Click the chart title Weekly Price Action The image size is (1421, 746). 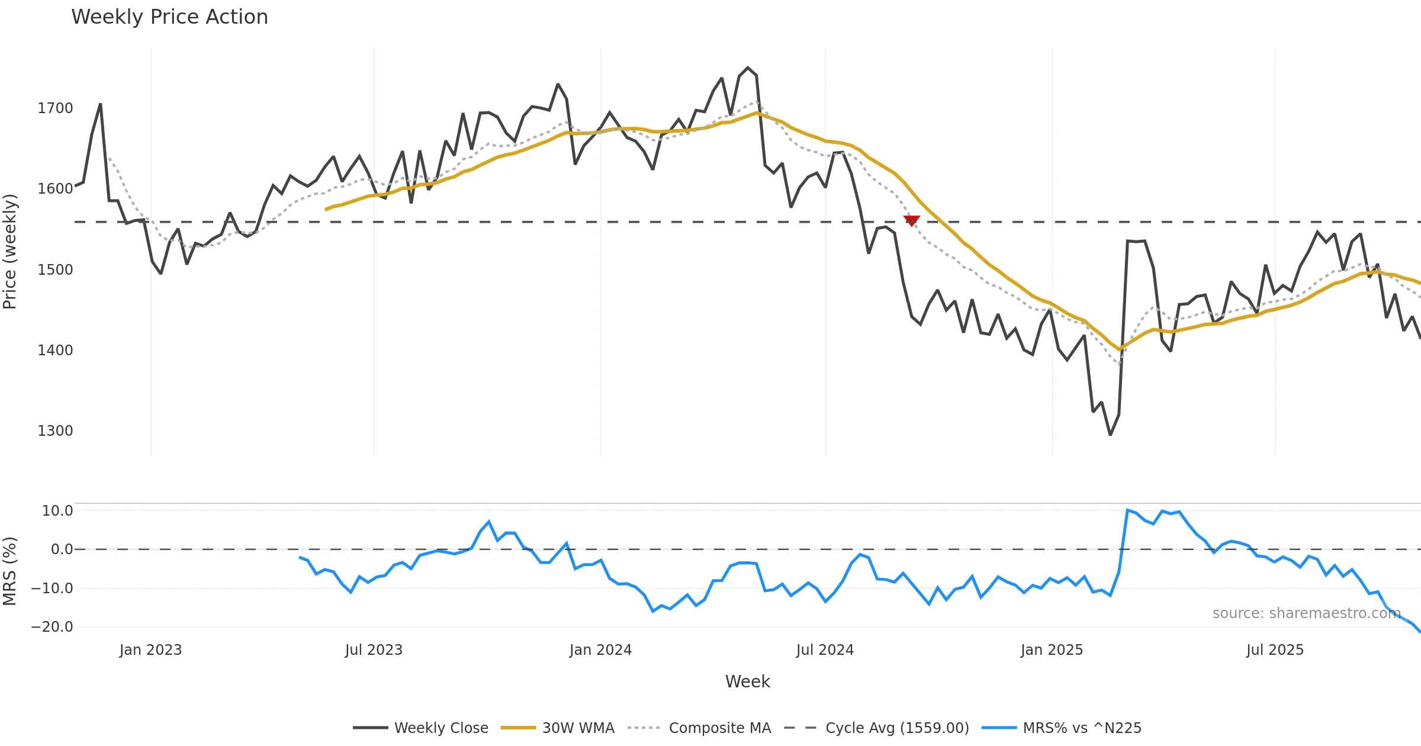pyautogui.click(x=169, y=17)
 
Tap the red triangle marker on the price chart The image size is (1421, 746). pyautogui.click(x=912, y=221)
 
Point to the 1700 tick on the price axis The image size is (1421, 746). pyautogui.click(x=55, y=108)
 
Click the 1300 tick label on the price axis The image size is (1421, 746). pyautogui.click(x=55, y=430)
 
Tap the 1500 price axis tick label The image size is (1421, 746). pyautogui.click(x=55, y=269)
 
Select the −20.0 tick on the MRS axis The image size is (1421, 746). pyautogui.click(x=52, y=627)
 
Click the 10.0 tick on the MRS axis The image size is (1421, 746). pyautogui.click(x=57, y=511)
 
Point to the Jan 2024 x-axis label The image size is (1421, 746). pyautogui.click(x=600, y=650)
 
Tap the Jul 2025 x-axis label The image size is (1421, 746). pyautogui.click(x=1275, y=650)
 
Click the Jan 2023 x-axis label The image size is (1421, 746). pyautogui.click(x=150, y=650)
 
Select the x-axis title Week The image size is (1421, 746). pyautogui.click(x=747, y=681)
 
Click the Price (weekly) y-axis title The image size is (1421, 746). pyautogui.click(x=10, y=252)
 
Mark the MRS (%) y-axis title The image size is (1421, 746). pyautogui.click(x=10, y=571)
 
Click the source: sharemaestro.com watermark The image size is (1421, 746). pyautogui.click(x=1306, y=613)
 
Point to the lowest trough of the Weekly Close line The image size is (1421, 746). pyautogui.click(x=1110, y=435)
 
